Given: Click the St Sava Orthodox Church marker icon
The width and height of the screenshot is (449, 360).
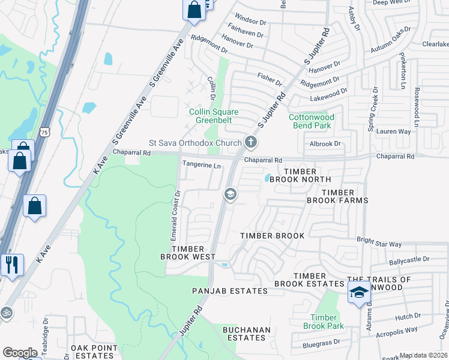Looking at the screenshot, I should coord(251,143).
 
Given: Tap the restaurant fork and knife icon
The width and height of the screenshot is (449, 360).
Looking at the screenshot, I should coord(11,263).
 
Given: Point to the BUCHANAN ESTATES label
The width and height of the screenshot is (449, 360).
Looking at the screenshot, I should coord(247,334).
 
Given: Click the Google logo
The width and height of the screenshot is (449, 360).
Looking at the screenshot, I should coord(20,352).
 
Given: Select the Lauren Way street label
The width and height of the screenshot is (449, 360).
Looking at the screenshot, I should coord(393,131).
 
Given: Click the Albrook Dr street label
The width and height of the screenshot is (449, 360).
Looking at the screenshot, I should coord(325,144).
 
